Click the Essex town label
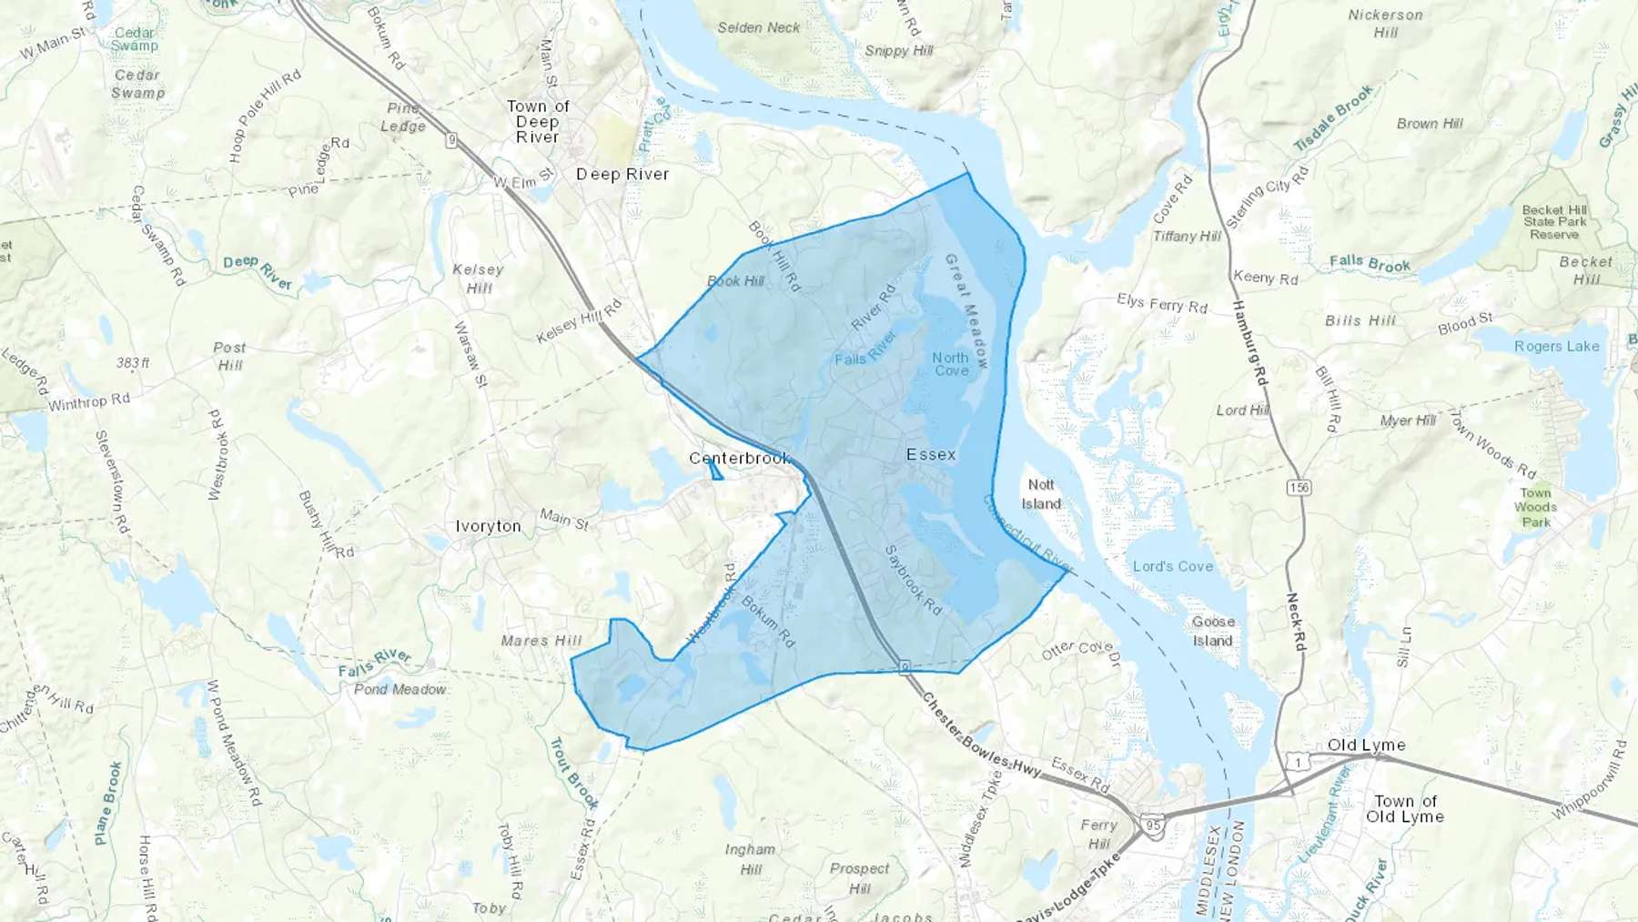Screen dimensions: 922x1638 point(931,454)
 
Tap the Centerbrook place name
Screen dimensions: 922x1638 point(739,458)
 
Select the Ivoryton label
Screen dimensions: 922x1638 point(488,526)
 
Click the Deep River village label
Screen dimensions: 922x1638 point(622,174)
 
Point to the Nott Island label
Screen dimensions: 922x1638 point(1041,494)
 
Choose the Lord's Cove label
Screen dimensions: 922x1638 point(1173,566)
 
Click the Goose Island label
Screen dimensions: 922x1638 point(1213,631)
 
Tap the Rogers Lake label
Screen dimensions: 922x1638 point(1556,346)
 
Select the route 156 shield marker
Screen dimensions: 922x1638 point(1299,488)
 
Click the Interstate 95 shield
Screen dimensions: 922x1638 point(1154,826)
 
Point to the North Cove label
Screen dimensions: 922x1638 point(951,364)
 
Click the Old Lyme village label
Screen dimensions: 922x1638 point(1366,745)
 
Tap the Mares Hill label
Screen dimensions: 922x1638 point(541,641)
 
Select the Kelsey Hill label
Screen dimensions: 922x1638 point(479,279)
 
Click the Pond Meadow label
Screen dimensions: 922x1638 point(400,689)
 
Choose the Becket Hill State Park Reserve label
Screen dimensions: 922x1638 point(1554,221)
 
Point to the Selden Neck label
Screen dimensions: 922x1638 point(759,27)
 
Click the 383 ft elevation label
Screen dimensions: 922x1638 point(133,362)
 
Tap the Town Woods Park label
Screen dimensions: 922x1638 point(1535,507)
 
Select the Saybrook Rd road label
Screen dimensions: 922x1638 point(913,580)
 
